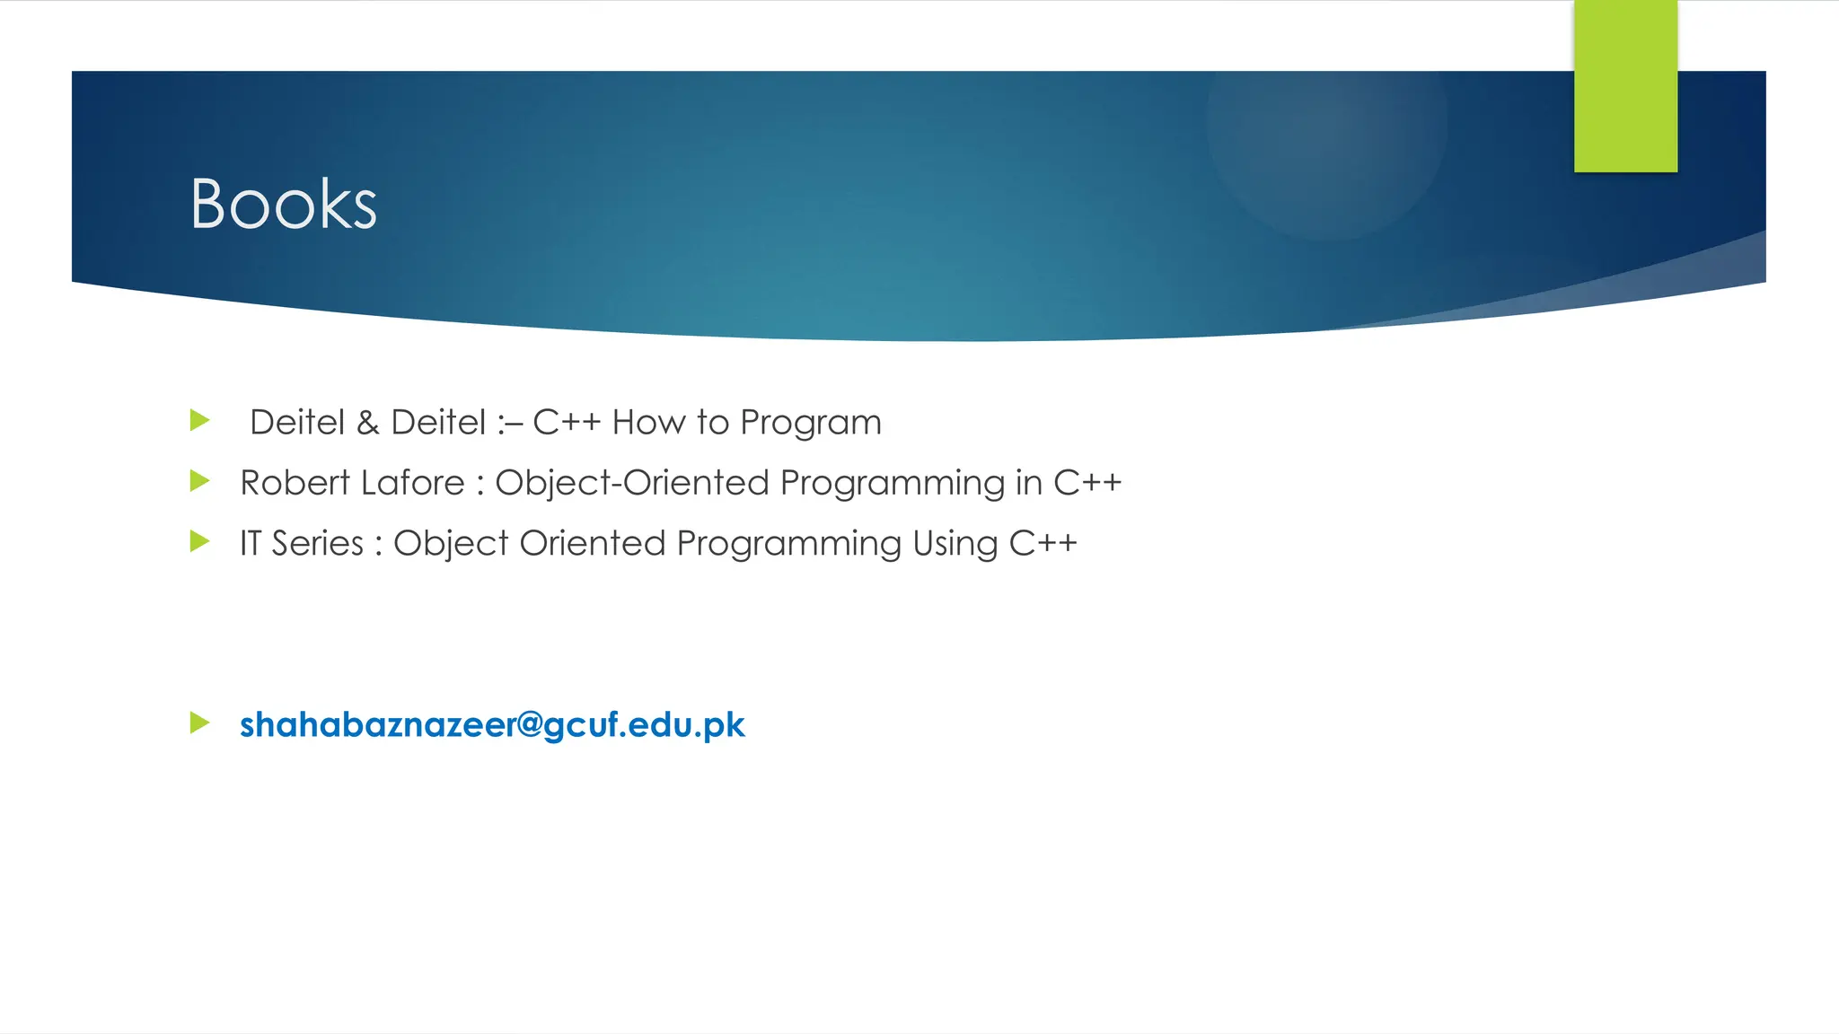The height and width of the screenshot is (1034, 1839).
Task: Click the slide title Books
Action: pos(283,205)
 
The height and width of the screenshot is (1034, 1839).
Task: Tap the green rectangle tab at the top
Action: pos(1625,86)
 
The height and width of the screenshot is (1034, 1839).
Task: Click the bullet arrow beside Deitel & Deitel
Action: pos(200,420)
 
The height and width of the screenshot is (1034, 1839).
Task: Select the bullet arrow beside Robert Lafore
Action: pos(200,481)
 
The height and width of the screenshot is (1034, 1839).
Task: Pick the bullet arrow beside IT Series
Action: pos(200,541)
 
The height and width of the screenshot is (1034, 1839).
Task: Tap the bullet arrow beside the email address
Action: pos(200,723)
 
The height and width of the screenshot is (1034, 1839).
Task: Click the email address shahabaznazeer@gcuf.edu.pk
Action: pos(492,725)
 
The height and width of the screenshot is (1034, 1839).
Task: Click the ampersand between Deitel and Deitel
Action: pos(367,423)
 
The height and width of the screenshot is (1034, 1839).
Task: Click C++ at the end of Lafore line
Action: pos(1087,483)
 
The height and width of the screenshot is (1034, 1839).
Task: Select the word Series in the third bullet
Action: pos(317,544)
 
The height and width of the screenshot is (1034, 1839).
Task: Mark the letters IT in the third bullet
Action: pos(251,544)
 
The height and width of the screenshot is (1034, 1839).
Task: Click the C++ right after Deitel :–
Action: pos(567,422)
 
